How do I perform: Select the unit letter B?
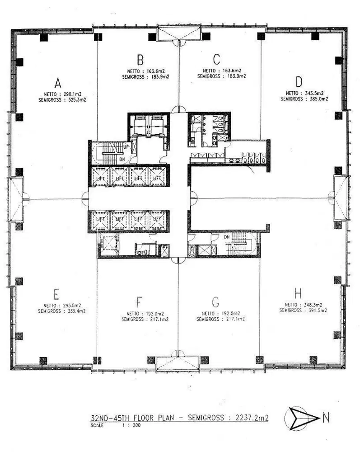coord(140,59)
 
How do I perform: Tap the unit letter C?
coord(216,59)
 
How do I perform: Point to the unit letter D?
coord(299,82)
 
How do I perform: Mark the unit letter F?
coord(139,301)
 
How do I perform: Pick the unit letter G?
coord(215,301)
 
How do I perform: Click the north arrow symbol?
coord(300,419)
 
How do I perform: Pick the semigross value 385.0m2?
coord(318,99)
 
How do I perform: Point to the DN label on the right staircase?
coord(227,237)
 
